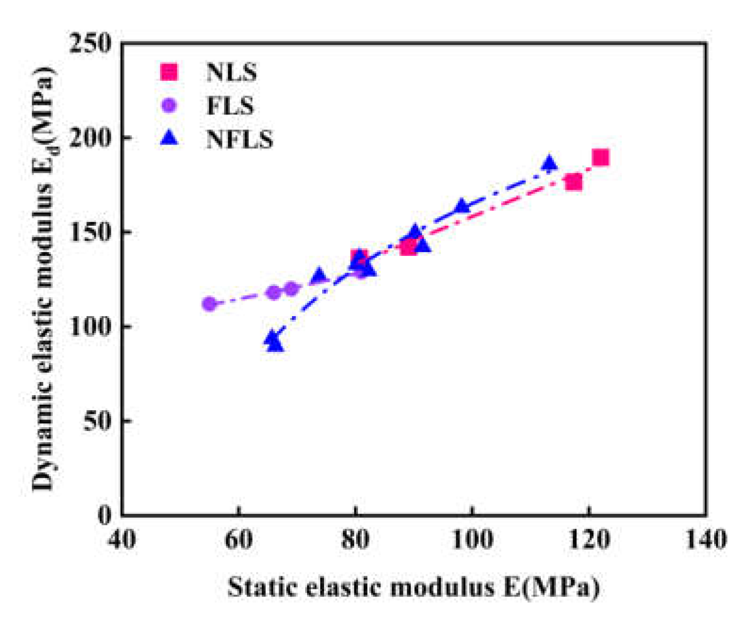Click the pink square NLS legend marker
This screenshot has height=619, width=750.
click(169, 72)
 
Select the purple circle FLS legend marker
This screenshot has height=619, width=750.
click(169, 105)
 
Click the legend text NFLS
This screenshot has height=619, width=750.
click(239, 139)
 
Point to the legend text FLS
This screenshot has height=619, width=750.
click(230, 106)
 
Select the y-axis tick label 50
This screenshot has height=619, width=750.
click(97, 421)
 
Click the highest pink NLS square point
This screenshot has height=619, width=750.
click(600, 157)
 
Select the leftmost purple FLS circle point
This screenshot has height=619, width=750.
click(209, 304)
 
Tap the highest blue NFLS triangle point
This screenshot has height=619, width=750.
click(549, 163)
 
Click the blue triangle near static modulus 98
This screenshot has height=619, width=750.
click(462, 206)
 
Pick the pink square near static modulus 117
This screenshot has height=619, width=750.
click(574, 182)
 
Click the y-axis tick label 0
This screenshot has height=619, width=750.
click(105, 515)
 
